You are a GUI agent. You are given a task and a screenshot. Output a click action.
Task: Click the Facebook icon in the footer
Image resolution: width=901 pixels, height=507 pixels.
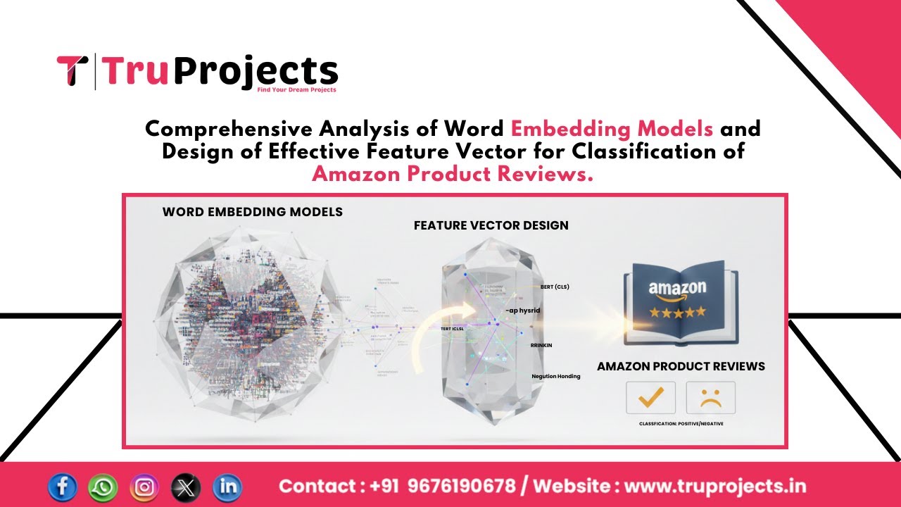[x=63, y=487]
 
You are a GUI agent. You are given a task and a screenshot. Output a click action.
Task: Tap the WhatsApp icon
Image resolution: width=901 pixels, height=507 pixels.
[x=103, y=487]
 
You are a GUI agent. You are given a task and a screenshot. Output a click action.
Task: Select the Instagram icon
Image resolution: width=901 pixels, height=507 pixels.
[x=144, y=487]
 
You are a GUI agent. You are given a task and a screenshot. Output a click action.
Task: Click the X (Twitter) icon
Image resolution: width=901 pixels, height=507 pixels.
[x=186, y=487]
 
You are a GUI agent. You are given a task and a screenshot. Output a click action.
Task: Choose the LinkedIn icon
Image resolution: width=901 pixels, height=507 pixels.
[x=227, y=487]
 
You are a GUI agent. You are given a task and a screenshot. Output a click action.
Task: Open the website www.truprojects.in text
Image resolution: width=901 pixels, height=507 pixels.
[x=715, y=487]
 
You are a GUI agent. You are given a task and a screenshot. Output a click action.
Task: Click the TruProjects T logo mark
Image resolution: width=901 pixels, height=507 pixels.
[x=71, y=71]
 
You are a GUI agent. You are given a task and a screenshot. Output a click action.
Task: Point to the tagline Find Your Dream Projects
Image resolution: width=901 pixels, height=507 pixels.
[x=296, y=89]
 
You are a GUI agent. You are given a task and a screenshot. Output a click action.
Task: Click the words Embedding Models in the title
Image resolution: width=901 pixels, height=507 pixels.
[x=612, y=130]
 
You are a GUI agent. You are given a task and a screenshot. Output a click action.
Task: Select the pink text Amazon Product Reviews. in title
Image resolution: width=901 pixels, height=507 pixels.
[x=452, y=174]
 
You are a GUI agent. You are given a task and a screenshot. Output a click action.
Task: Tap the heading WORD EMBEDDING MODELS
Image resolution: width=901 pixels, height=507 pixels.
[x=252, y=212]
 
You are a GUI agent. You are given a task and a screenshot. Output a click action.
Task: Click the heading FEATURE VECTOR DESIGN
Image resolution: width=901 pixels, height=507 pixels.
[x=491, y=225]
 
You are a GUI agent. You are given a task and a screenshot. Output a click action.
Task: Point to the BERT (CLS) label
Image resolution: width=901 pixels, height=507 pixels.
[x=555, y=287]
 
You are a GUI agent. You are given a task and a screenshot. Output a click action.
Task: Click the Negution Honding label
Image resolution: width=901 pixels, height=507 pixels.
[x=555, y=376]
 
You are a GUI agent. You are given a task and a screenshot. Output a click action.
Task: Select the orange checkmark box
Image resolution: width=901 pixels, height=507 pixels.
[x=650, y=398]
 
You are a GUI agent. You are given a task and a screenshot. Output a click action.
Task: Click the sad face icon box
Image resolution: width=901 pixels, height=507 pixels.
[x=710, y=398]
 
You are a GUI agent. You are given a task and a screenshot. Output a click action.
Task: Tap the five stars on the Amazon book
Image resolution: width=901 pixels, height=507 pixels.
[x=676, y=311]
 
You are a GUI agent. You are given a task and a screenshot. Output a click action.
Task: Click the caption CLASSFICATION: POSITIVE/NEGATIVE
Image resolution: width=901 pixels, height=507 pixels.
[x=681, y=423]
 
